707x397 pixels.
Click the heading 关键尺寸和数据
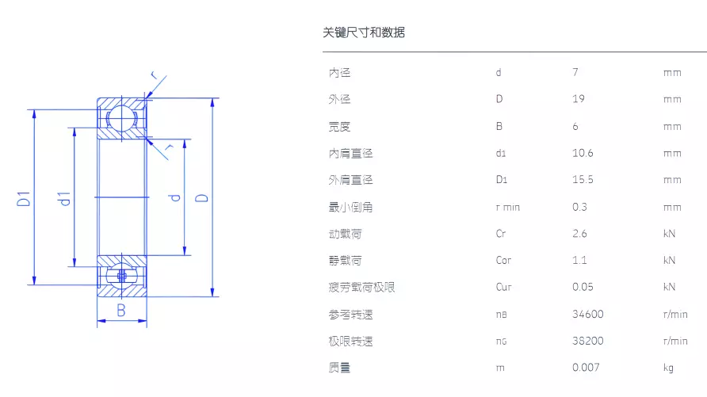point(364,32)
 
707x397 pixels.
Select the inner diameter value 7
point(575,72)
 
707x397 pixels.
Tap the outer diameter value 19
point(579,99)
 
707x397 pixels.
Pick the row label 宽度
point(339,127)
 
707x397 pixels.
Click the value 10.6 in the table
point(583,153)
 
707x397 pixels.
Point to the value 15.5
point(583,180)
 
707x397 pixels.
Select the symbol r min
point(508,208)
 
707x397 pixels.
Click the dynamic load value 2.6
point(579,234)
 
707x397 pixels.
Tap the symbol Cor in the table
point(503,260)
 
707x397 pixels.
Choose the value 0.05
point(583,287)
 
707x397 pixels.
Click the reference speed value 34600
point(587,314)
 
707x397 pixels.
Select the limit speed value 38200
point(587,341)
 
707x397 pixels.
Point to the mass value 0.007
point(586,368)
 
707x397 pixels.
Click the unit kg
point(668,368)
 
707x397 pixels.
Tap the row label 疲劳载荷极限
point(361,288)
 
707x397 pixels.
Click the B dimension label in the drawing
point(120,311)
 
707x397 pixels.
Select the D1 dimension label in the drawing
point(24,199)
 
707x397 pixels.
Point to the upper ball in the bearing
point(122,118)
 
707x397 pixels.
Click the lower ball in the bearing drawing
point(122,275)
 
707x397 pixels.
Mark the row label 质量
point(339,368)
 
